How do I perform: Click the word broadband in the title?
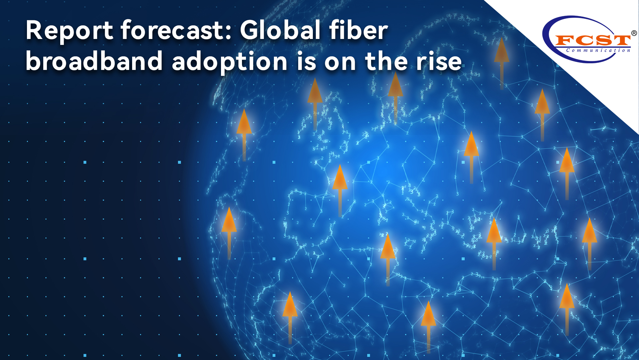(x=94, y=61)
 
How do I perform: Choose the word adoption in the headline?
(x=230, y=62)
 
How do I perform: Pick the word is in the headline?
(x=306, y=61)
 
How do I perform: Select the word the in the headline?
(x=386, y=61)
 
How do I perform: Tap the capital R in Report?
(x=35, y=31)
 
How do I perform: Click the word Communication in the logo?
(x=598, y=51)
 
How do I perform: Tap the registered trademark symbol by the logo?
(x=634, y=33)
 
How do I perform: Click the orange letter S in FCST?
(x=601, y=40)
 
